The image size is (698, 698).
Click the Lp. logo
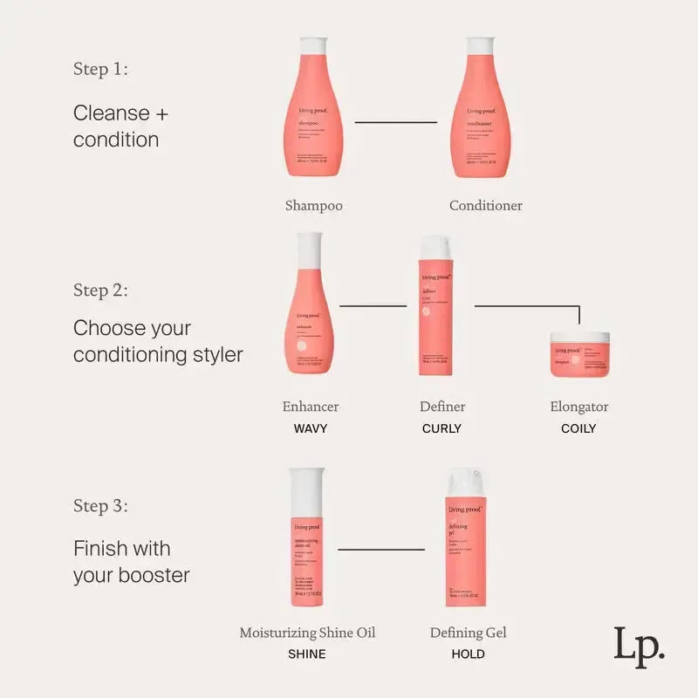[x=639, y=647]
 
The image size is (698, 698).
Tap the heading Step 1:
[x=100, y=70]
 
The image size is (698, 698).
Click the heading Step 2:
[x=100, y=290]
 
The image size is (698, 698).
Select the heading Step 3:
[x=100, y=506]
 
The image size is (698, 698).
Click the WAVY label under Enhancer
[x=310, y=428]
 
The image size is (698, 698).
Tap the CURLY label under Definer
[x=441, y=428]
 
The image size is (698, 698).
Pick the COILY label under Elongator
[x=578, y=428]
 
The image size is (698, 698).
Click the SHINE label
[x=306, y=654]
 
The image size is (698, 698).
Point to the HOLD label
[x=468, y=654]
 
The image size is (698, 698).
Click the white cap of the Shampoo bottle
[x=313, y=47]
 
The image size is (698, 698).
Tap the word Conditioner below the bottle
[x=486, y=206]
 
